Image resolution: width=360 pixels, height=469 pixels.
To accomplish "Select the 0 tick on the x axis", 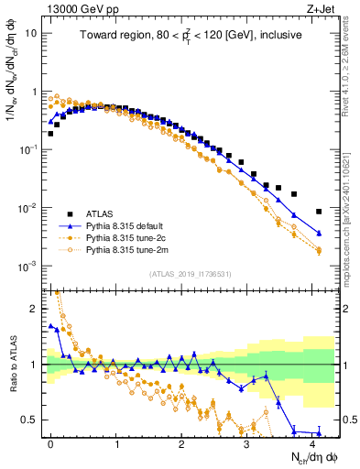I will [50, 442].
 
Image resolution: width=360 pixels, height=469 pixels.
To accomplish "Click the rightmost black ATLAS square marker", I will [319, 212].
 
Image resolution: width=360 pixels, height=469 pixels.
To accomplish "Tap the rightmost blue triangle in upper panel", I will [319, 234].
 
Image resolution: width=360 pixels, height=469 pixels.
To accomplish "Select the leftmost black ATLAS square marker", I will [50, 134].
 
